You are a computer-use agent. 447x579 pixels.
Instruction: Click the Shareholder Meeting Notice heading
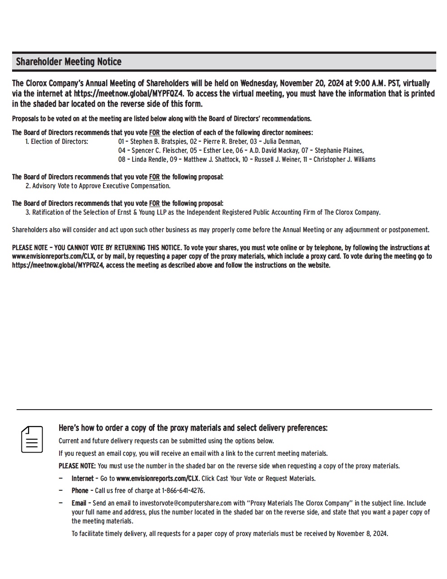(69, 62)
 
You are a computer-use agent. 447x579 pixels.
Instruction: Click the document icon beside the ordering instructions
(32, 439)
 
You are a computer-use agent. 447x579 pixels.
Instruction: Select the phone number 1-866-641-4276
(183, 491)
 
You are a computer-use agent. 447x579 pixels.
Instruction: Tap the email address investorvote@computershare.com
(185, 503)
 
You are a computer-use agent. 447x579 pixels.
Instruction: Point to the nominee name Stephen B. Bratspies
(159, 142)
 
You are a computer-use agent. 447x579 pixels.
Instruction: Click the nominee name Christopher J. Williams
(344, 160)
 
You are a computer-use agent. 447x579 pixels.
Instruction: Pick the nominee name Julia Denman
(282, 142)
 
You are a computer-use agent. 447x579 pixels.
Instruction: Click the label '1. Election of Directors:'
(57, 142)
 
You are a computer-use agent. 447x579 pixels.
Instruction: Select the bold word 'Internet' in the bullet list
(82, 479)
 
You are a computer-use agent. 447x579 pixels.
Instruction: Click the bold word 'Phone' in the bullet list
(80, 491)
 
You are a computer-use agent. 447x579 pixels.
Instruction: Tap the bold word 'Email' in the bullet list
(79, 503)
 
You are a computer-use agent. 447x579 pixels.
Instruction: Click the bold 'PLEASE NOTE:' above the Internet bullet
(77, 466)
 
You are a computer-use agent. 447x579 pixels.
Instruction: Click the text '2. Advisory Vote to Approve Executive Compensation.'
(98, 186)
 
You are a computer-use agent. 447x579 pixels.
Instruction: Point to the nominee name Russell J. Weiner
(282, 160)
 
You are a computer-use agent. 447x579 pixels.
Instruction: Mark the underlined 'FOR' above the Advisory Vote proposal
(154, 177)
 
